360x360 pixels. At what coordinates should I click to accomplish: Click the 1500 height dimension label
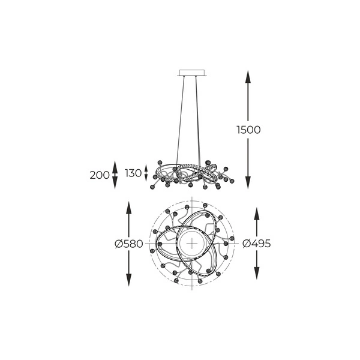pos(248,130)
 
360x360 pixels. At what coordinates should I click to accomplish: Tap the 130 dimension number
pos(133,173)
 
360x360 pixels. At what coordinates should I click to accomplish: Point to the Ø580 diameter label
pos(128,244)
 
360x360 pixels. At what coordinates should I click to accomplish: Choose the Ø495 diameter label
pos(257,244)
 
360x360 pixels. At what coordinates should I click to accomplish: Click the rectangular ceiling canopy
pos(191,74)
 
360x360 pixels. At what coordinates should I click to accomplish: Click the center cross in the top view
pos(191,244)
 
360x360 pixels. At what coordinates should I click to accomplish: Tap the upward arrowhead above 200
pos(115,166)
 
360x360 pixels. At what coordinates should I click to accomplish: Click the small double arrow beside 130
pos(147,173)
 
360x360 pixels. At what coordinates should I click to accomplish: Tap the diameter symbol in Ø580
pos(118,244)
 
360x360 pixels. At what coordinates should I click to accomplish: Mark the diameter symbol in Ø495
pos(246,244)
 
